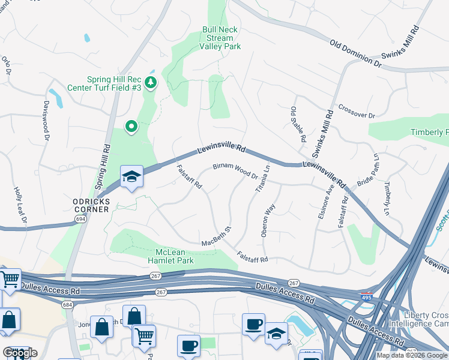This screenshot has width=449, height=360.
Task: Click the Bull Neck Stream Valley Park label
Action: coord(220,38)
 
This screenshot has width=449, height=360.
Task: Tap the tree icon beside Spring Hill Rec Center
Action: coord(151,82)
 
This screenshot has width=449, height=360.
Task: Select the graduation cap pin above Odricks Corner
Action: coord(131,177)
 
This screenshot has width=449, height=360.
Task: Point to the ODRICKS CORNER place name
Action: coord(88,205)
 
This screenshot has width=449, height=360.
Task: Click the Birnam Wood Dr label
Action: coord(236,172)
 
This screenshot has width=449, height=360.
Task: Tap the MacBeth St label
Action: coord(217,237)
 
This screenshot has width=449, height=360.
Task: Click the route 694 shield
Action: coord(80,220)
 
